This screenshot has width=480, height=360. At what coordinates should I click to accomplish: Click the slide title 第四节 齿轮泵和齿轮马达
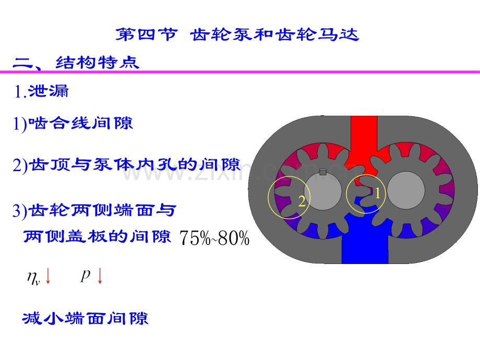237,34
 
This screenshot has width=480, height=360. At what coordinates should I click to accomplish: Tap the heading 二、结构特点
76,63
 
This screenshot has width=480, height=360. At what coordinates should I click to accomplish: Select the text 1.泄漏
41,91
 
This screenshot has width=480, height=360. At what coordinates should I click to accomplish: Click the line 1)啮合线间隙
73,123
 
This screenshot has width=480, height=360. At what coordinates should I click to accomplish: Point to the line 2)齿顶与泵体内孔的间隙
126,165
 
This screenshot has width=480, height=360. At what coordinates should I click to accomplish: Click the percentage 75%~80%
214,238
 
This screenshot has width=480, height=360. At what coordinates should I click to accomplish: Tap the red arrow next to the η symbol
48,276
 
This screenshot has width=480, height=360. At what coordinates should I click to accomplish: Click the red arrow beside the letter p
100,276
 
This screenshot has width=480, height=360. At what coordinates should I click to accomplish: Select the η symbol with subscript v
33,278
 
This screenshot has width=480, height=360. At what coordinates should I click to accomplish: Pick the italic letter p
86,275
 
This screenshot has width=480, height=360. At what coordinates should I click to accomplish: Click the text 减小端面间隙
86,318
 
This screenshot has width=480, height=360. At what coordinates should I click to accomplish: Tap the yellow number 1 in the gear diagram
377,193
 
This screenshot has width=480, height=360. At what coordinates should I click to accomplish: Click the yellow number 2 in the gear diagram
302,201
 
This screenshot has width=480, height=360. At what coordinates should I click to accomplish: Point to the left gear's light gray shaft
322,191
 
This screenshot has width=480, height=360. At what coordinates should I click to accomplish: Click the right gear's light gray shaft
406,190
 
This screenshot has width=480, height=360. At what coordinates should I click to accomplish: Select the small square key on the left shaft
322,172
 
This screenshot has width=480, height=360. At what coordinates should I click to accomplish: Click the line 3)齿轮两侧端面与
94,211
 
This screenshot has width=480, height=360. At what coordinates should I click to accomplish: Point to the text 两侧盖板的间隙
97,236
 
